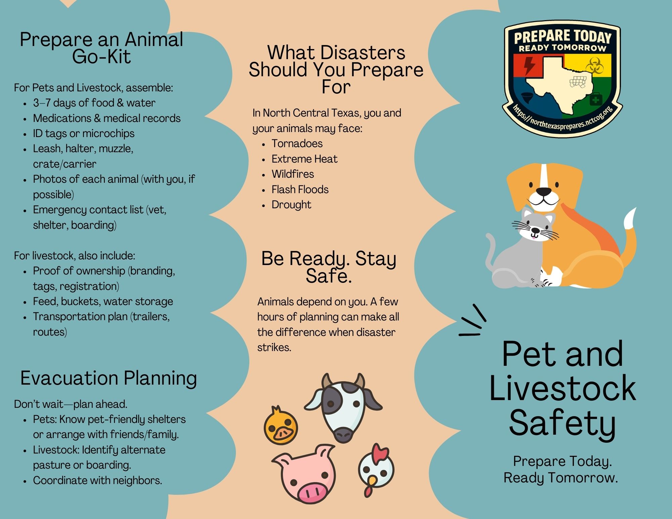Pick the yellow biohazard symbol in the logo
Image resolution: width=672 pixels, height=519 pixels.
click(x=595, y=65)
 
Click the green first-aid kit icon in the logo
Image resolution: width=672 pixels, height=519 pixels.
click(x=596, y=99)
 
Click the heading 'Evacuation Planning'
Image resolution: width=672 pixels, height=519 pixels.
click(x=109, y=378)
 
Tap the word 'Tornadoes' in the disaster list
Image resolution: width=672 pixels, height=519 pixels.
click(x=297, y=143)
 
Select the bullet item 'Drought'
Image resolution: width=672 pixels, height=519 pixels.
click(x=291, y=205)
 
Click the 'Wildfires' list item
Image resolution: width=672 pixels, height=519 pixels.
click(x=293, y=174)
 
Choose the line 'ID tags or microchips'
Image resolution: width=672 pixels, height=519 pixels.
click(x=84, y=133)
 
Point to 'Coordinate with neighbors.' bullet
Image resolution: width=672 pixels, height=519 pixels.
click(x=97, y=480)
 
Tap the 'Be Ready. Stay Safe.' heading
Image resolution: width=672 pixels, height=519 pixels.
click(x=329, y=267)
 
